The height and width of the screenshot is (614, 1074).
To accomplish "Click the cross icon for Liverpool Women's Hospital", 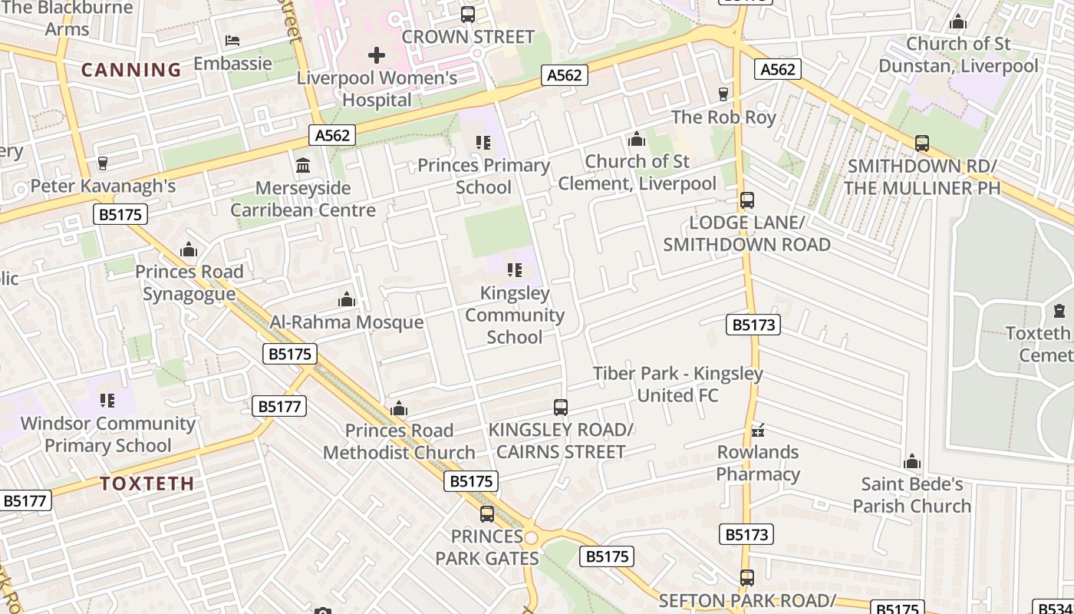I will click(x=377, y=55).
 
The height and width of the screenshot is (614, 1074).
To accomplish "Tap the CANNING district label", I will click(x=131, y=70).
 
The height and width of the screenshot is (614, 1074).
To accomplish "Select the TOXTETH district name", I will click(x=147, y=484).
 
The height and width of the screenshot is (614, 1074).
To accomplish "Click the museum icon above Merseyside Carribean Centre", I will click(x=303, y=166).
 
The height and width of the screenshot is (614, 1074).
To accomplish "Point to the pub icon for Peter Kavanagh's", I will click(x=103, y=163).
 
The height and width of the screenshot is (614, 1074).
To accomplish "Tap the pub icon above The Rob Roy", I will click(x=723, y=94).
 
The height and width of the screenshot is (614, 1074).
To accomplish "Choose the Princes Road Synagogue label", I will click(x=189, y=282).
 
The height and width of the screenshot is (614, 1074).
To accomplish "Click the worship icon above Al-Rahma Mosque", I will click(x=347, y=299).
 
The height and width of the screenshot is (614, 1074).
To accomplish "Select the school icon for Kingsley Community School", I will click(x=515, y=270).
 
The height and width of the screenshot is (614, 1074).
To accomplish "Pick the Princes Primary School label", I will click(x=484, y=177).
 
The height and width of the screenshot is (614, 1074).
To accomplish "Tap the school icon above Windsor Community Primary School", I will click(x=107, y=401).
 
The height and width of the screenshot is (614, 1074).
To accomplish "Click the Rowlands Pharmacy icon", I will click(x=759, y=430).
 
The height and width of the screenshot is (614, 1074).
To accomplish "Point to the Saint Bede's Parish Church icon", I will click(x=912, y=461).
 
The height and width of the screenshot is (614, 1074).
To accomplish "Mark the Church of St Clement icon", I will click(x=637, y=139).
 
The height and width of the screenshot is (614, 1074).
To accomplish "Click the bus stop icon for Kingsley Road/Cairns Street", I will click(x=561, y=408).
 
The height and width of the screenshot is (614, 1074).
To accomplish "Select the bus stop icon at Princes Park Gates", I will click(x=487, y=514).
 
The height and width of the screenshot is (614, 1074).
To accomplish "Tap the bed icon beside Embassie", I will click(x=232, y=40).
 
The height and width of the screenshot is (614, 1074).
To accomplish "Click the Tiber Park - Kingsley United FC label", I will click(x=678, y=385).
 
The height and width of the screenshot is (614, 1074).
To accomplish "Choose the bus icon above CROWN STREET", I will click(x=468, y=14).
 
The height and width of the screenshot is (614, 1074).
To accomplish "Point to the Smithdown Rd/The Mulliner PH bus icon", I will click(x=922, y=144).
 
